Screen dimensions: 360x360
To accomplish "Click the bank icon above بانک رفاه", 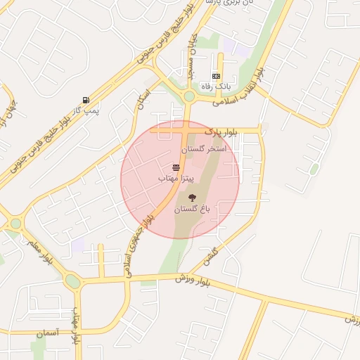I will coord(216,76).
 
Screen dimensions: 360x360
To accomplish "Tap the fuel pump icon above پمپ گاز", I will coord(86,101).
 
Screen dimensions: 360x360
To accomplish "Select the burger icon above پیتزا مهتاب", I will coord(175,168).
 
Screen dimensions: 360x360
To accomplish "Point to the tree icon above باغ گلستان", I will coord(193,198).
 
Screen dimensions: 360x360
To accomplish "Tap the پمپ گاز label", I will coord(86,110).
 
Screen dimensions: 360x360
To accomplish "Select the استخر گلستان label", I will coord(203,149).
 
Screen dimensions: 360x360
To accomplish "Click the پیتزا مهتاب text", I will coord(175,179).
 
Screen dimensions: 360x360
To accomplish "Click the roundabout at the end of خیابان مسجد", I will coord(188,96).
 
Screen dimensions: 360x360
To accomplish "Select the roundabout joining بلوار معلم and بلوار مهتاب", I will coord(72,282).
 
